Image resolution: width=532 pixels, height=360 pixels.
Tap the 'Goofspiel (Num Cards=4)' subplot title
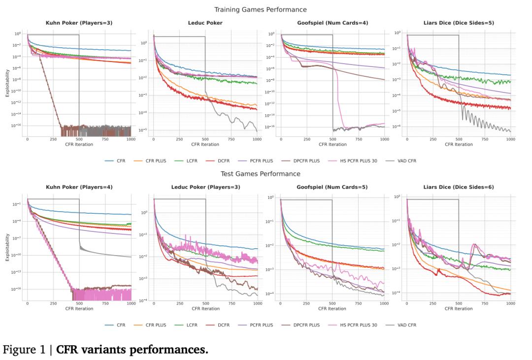click(332, 23)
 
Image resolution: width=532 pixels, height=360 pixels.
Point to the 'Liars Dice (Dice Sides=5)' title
click(459, 23)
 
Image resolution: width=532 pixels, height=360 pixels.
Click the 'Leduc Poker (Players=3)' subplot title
click(205, 187)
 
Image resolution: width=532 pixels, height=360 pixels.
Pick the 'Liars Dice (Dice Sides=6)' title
click(459, 187)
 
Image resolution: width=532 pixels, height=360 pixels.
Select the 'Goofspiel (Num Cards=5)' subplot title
click(332, 187)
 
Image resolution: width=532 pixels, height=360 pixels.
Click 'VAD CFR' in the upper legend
click(406, 161)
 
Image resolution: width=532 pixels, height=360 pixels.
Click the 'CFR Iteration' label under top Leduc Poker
click(205, 144)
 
